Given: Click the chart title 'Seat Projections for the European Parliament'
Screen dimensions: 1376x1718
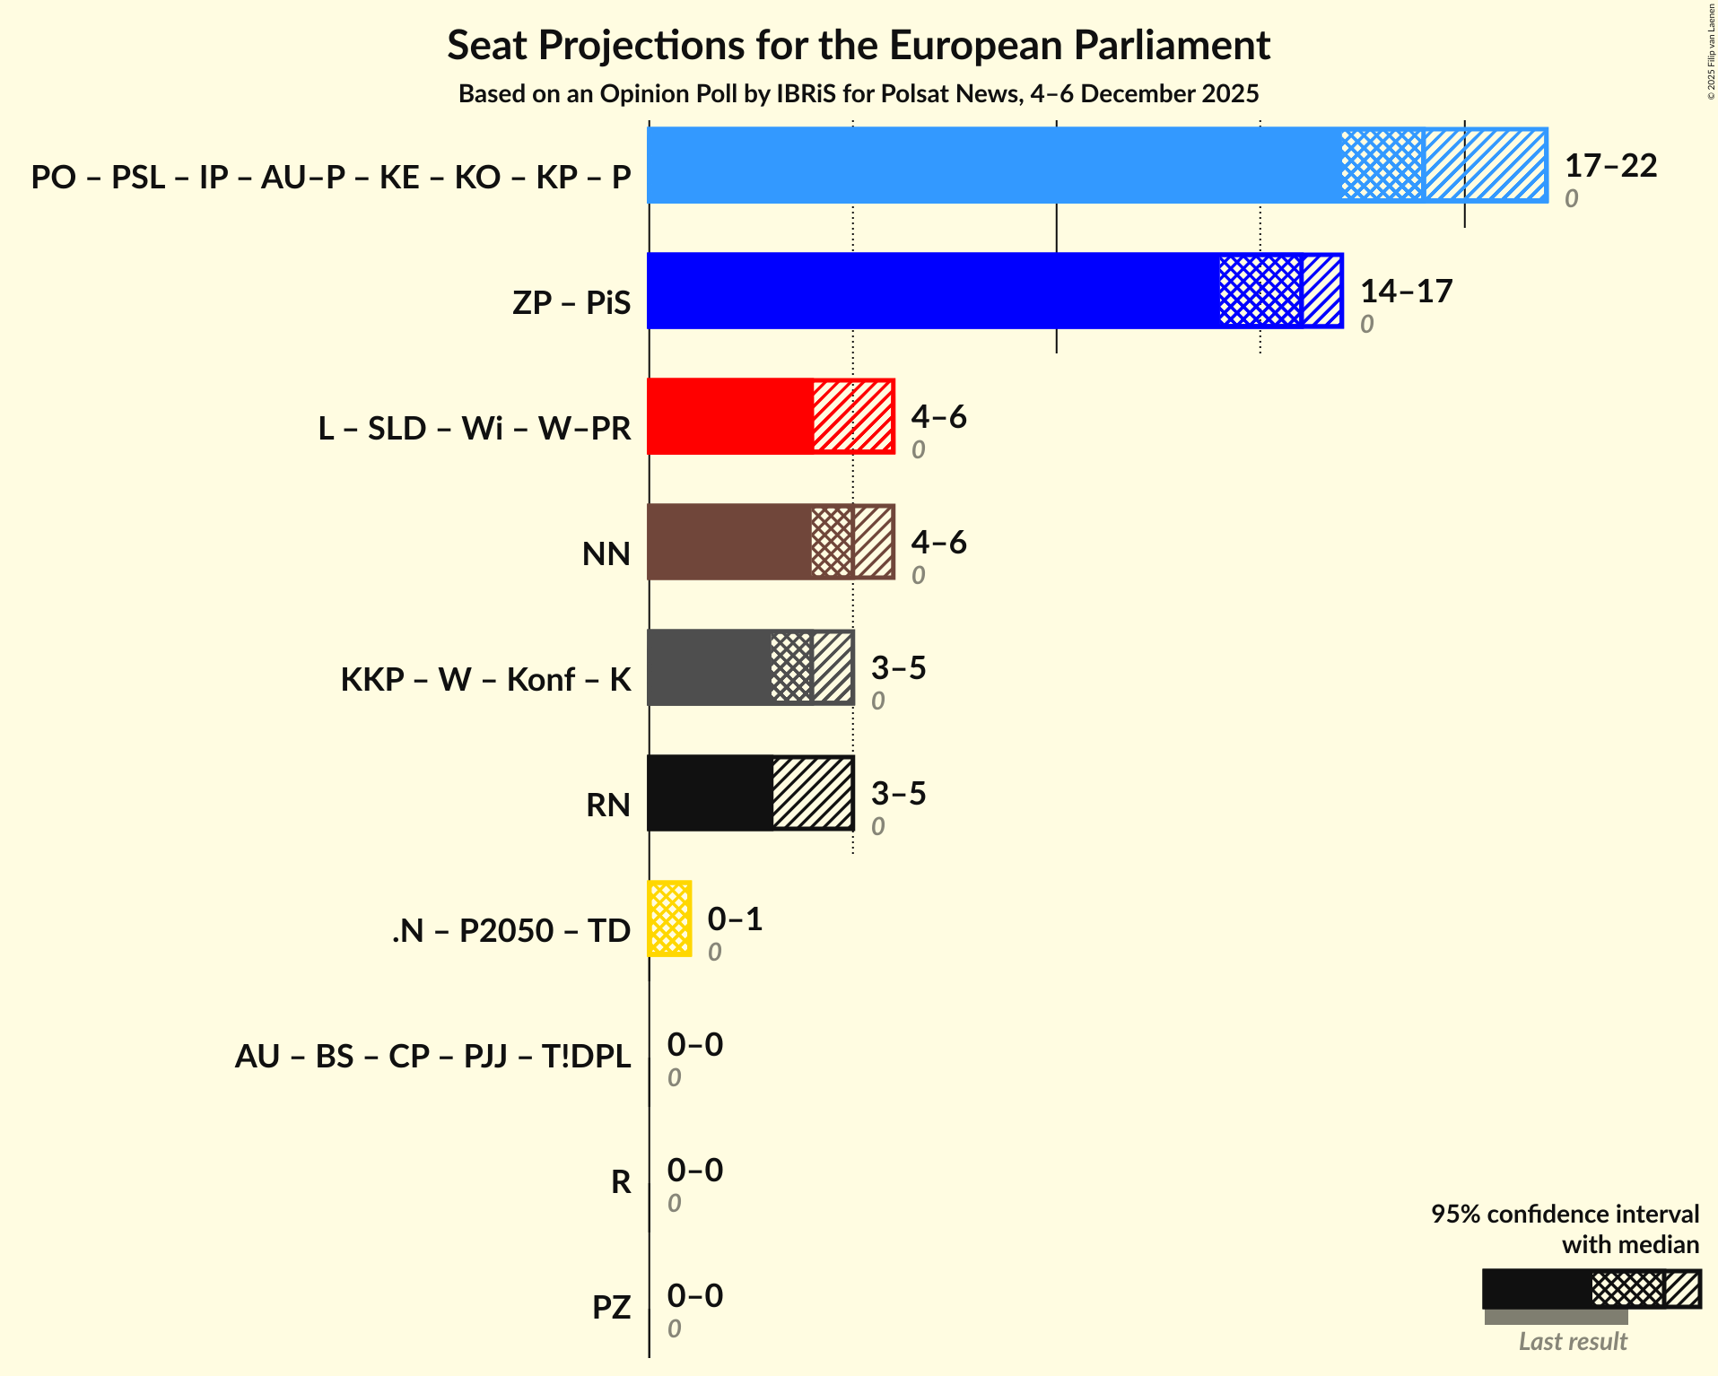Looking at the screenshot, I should tap(859, 45).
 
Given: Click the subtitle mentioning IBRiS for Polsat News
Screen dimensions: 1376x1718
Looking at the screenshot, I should tap(859, 94).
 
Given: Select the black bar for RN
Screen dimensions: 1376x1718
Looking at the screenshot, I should tap(710, 794).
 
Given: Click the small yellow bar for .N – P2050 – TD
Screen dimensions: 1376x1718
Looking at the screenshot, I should tap(669, 919).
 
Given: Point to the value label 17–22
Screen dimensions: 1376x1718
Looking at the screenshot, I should tap(1610, 166).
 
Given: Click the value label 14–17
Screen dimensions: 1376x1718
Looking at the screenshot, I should tap(1406, 292).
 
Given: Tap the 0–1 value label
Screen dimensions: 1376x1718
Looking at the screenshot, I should tap(735, 919).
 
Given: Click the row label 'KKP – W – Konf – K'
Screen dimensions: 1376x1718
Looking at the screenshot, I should tap(485, 680).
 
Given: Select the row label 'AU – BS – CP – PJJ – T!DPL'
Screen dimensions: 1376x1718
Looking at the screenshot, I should tap(432, 1057).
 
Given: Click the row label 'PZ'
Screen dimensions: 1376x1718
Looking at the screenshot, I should tap(611, 1308).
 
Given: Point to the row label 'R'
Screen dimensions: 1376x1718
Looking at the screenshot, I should tap(621, 1182).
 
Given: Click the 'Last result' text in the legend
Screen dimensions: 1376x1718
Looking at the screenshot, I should tap(1572, 1342).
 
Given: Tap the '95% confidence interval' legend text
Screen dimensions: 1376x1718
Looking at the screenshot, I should tap(1565, 1215).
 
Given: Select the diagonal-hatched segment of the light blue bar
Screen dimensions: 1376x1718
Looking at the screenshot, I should tap(1486, 166).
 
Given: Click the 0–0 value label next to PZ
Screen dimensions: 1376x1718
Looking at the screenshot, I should tap(694, 1296).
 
